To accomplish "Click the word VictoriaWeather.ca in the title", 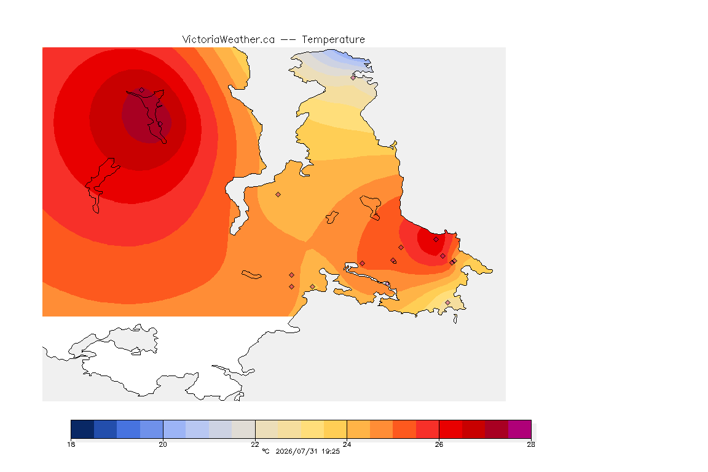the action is click(x=229, y=40).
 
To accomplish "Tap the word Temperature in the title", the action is click(x=333, y=40).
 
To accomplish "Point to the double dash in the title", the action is click(x=288, y=40).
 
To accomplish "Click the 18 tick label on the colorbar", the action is click(x=71, y=444).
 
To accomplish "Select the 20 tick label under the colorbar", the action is click(x=163, y=444).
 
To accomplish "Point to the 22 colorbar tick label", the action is click(x=255, y=444).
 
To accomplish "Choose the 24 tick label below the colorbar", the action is click(x=347, y=444).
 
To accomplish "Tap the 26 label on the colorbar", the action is click(x=439, y=444).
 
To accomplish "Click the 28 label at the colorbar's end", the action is click(x=531, y=444).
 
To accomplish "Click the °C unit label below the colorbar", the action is click(x=265, y=451).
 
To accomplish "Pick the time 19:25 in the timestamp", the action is click(x=331, y=451).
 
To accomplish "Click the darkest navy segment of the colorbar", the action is click(x=82, y=429).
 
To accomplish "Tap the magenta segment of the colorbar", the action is click(x=520, y=429).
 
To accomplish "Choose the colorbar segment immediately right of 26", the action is click(x=450, y=429).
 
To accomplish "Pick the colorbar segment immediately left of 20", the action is click(x=151, y=429).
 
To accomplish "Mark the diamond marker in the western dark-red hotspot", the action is click(x=142, y=90).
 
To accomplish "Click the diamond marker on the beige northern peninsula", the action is click(x=353, y=77).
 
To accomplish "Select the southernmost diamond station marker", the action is click(x=447, y=302).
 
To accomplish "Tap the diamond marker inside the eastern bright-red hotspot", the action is click(x=436, y=240).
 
